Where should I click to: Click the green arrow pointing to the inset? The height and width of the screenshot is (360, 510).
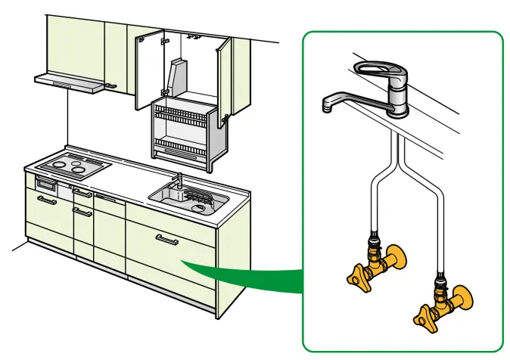pos(242,272)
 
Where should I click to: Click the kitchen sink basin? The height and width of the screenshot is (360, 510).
pos(189,198)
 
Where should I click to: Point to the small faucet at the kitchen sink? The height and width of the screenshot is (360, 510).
pos(180,182)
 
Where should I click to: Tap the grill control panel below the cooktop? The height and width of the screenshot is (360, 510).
pos(45,184)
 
